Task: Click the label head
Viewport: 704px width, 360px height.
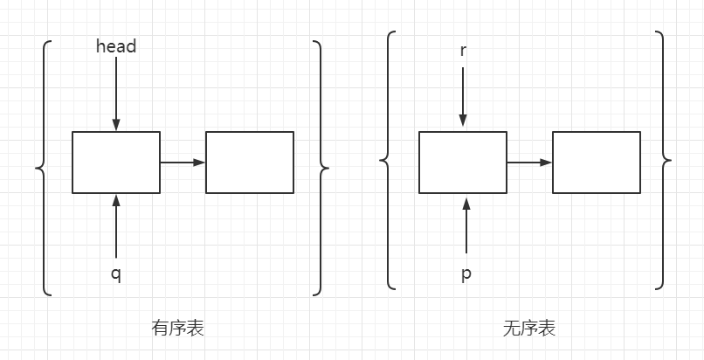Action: coord(116,46)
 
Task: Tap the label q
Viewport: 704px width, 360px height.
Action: coord(116,274)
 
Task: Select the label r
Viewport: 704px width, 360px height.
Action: coord(463,49)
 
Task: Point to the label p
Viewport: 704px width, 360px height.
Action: coord(466,274)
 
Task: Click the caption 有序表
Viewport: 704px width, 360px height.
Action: coord(177,329)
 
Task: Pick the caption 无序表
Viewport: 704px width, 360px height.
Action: coord(528,329)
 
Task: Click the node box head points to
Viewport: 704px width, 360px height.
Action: coord(116,162)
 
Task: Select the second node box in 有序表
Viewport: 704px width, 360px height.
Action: coord(250,162)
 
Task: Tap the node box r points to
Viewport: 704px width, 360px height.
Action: coord(463,162)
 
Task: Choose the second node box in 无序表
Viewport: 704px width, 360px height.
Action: coord(597,162)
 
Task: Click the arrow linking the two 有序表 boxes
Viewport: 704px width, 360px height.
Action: coord(183,162)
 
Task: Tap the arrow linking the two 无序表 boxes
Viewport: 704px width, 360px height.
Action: coord(529,162)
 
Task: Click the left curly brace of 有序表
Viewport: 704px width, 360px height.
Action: coord(42,166)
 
